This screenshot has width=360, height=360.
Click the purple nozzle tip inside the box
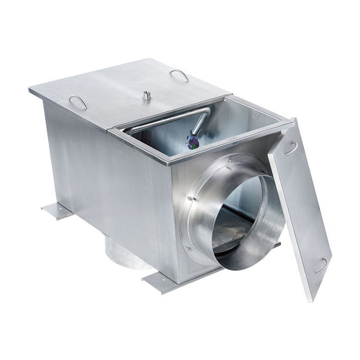click(x=192, y=140)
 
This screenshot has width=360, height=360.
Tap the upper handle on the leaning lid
click(x=290, y=147)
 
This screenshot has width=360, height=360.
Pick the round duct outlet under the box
click(x=126, y=254)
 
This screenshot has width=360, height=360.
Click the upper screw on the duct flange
click(x=192, y=199)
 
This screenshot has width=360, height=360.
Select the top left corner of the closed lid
click(x=30, y=90)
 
